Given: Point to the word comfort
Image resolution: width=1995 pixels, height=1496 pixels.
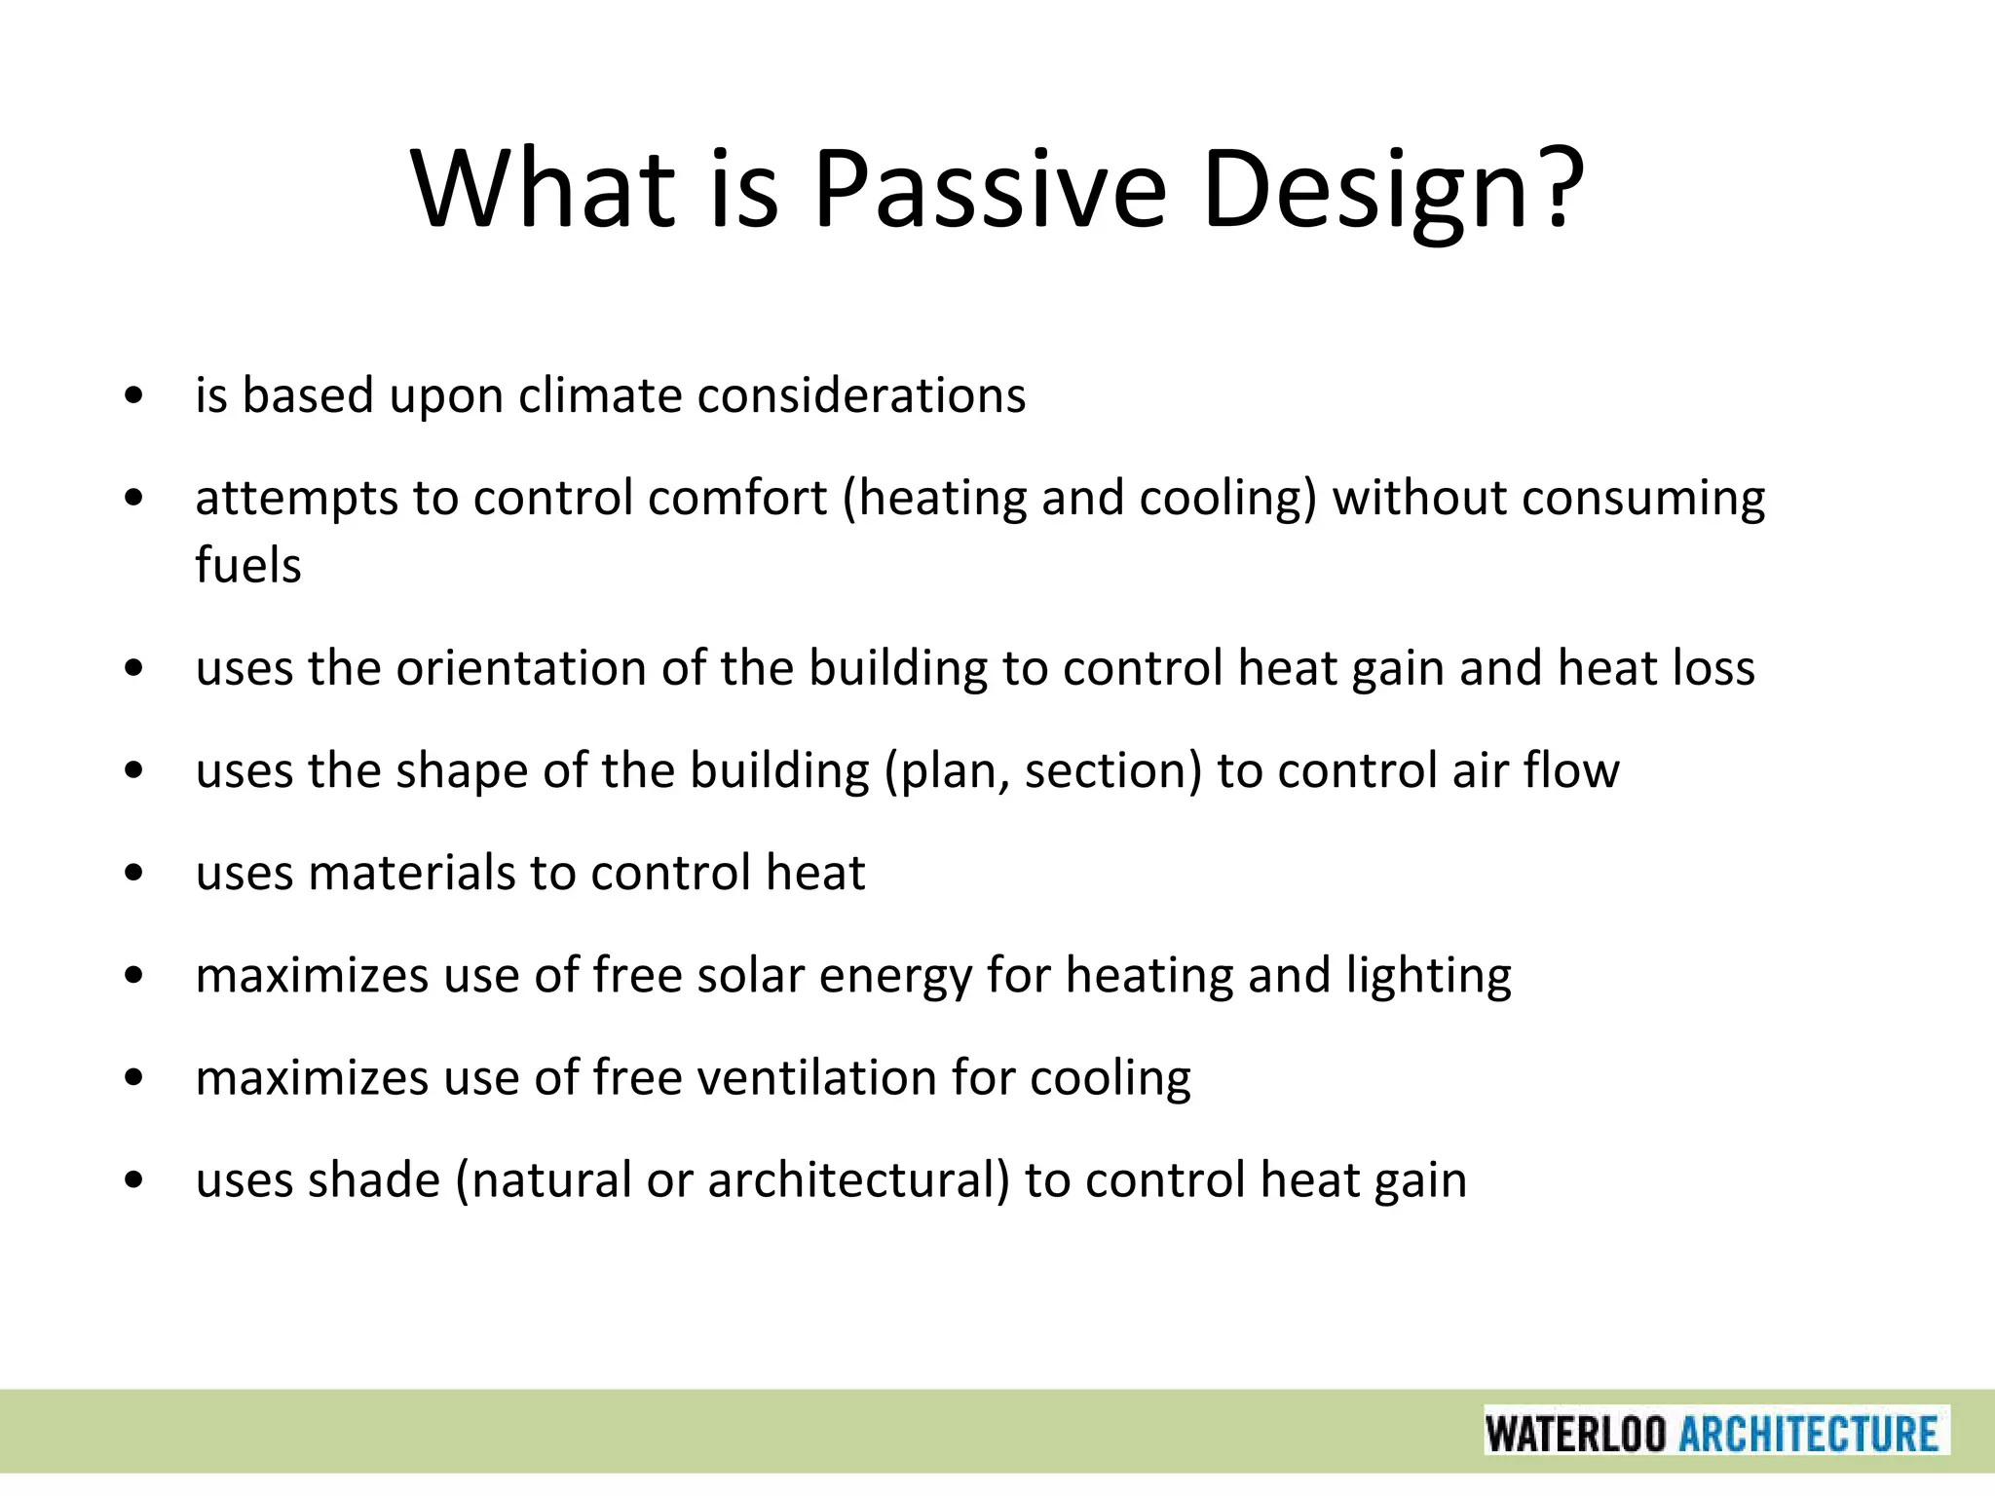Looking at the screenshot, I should [737, 498].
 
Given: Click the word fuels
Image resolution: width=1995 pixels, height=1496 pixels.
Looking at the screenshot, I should [247, 565].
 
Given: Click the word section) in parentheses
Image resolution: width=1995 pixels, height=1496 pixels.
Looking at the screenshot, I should [1113, 770].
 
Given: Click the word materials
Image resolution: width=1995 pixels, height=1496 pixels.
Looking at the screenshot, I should [411, 873].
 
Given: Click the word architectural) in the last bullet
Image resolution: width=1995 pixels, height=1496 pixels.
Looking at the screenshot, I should [859, 1179].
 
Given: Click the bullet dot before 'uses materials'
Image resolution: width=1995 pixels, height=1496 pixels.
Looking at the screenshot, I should [134, 874].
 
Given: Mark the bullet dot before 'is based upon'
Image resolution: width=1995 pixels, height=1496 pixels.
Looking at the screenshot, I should [134, 396].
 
